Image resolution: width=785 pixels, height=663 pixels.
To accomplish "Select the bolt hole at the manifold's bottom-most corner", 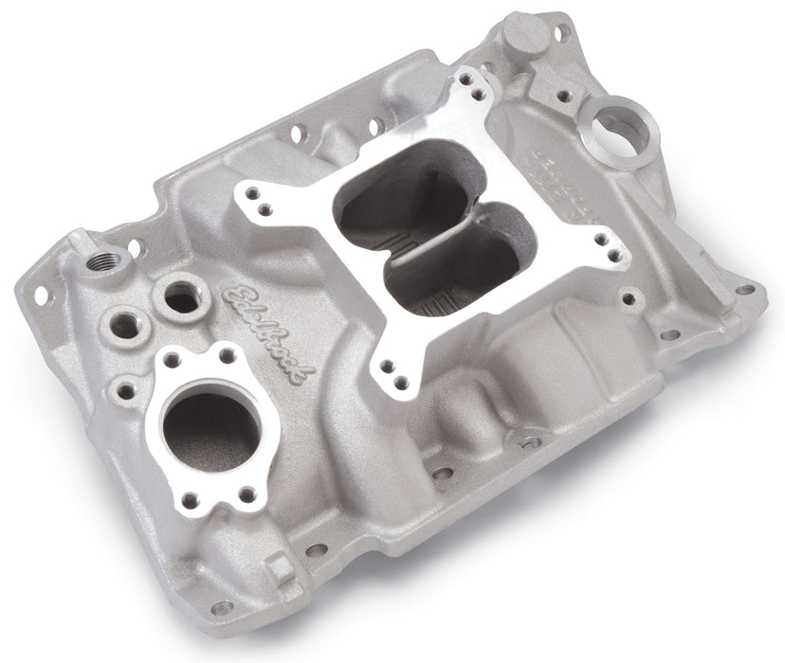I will click(222, 607).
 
